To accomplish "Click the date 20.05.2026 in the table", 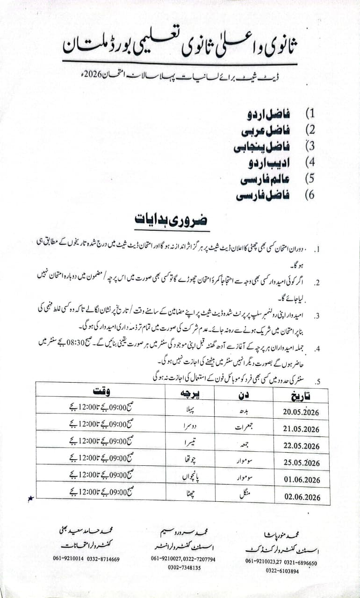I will coord(302,412).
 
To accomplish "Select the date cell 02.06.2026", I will coord(302,497).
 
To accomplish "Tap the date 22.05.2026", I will coord(302,446).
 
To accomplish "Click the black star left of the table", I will coord(31,499).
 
